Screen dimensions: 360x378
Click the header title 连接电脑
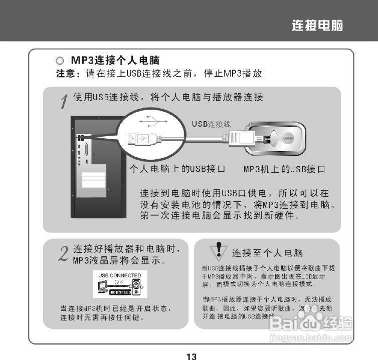[317, 26]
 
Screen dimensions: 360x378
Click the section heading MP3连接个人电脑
[115, 61]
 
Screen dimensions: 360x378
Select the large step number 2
[64, 254]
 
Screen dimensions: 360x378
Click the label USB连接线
[211, 124]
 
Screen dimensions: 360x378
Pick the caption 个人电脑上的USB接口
[177, 169]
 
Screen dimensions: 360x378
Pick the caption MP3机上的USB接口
[284, 169]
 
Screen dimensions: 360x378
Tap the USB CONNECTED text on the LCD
[119, 275]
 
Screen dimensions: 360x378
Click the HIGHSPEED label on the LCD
[120, 292]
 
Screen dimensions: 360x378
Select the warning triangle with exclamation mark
[219, 251]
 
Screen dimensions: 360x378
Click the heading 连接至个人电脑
[267, 253]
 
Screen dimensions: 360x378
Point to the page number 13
[191, 356]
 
